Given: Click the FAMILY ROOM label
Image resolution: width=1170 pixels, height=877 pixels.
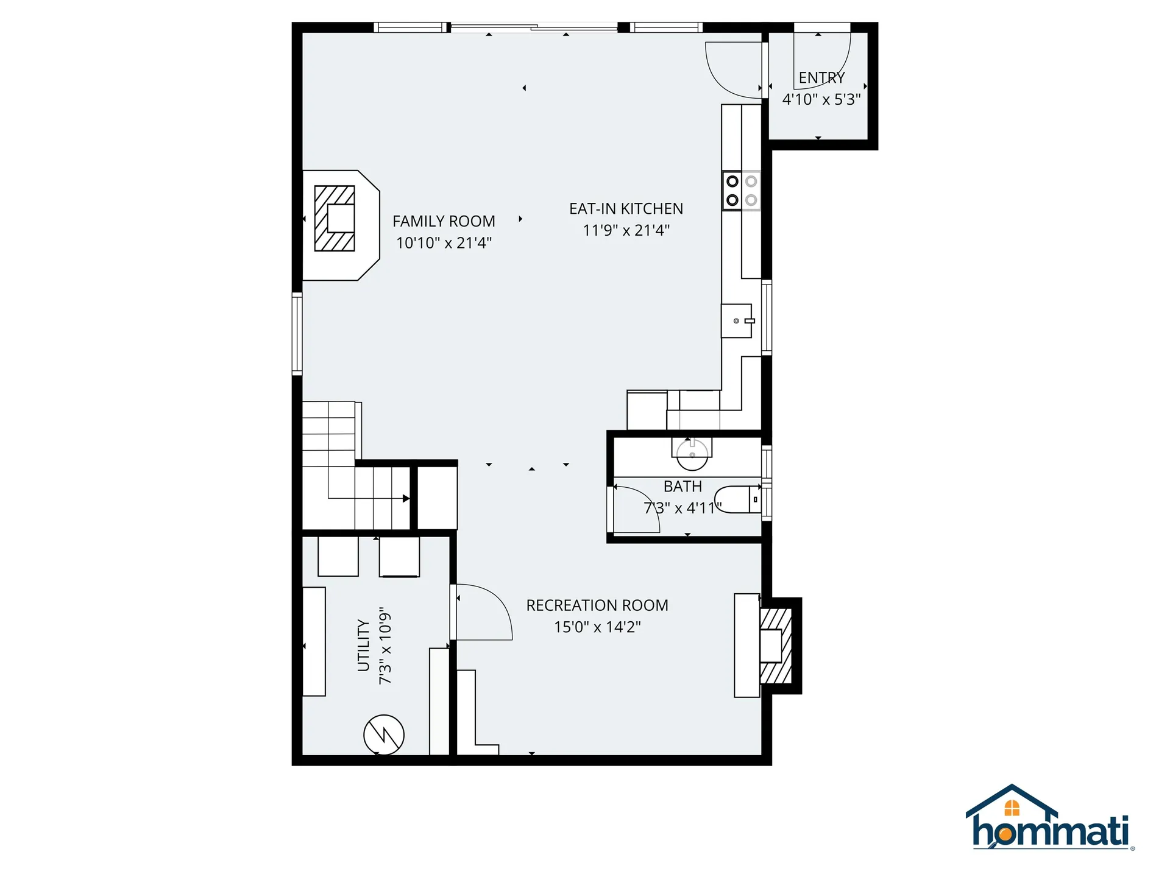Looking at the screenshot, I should (444, 221).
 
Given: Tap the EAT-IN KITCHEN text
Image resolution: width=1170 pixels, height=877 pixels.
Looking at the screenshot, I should (626, 209).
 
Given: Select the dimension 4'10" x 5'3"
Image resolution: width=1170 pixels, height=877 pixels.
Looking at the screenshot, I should (821, 99).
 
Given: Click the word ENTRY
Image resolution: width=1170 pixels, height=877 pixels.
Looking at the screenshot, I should (821, 78).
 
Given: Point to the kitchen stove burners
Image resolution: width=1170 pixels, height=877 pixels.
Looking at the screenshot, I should (742, 191).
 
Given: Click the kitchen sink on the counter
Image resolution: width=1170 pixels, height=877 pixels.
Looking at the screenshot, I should (737, 320).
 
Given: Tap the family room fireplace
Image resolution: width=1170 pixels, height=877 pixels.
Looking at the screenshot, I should (335, 219).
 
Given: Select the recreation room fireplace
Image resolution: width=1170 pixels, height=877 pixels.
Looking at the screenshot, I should (775, 646).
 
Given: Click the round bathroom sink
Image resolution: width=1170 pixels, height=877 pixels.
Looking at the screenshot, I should (692, 454).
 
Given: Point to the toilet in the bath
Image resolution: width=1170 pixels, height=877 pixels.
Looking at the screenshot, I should (738, 499).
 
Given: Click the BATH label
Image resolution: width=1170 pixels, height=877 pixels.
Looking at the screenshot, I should (682, 487).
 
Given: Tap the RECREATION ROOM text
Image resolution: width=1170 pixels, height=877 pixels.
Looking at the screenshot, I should (597, 605).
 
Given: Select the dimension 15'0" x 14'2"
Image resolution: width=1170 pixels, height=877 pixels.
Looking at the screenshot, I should (597, 627).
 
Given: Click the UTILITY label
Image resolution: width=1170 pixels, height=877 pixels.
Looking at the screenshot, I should (364, 646).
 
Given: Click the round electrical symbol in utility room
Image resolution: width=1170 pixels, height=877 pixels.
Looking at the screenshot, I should (384, 734).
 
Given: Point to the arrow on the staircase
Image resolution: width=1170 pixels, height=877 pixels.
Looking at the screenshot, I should (406, 499).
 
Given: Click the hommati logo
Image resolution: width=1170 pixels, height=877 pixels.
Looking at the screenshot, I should (1049, 819).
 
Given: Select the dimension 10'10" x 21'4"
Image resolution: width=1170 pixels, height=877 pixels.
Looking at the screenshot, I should (444, 243).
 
